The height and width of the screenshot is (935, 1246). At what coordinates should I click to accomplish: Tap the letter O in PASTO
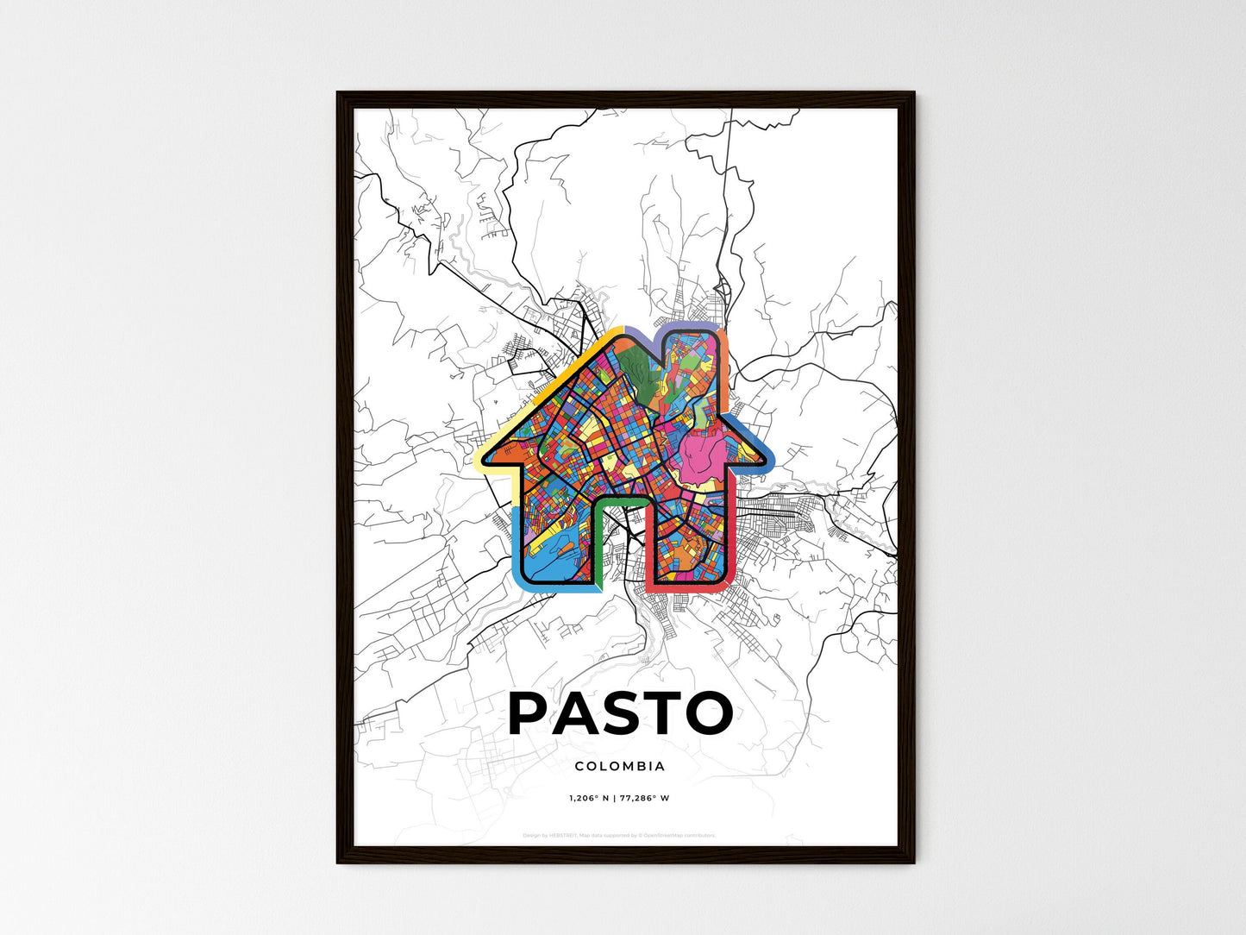(704, 712)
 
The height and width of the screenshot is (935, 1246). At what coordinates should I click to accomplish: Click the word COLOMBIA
(620, 766)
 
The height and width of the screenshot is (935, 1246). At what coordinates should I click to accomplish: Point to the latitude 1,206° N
(590, 798)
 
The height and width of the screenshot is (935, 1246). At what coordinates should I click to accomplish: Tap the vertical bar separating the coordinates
(614, 798)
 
